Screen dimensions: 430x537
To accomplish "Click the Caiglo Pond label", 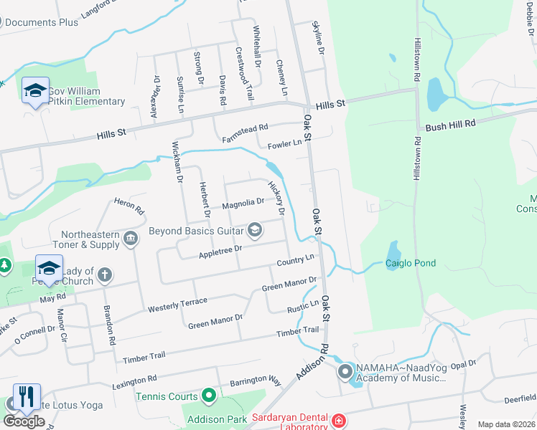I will tap(411, 263).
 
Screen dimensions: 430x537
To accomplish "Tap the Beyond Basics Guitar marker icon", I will tap(253, 230).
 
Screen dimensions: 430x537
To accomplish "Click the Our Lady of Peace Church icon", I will tap(105, 274).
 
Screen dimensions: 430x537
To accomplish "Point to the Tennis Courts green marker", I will tap(209, 396).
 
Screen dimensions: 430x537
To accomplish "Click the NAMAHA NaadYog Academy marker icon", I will tap(345, 371).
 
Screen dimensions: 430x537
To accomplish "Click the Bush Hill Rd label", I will tap(451, 125).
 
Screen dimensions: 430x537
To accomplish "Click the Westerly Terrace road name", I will tap(177, 304).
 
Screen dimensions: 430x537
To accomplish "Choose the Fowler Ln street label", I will tap(285, 145).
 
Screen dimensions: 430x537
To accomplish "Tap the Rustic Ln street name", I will tap(303, 306).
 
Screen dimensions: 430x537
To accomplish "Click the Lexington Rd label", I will tap(134, 383).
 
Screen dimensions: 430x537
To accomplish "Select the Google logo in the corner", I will tap(24, 421).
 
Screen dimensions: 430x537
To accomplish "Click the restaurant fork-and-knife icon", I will tap(27, 396).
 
